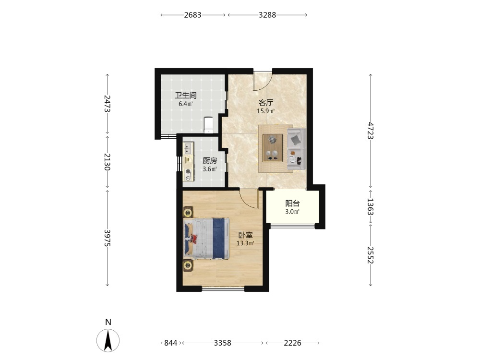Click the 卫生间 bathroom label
tap(185, 95)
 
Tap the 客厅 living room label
tap(266, 103)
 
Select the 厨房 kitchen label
tap(210, 161)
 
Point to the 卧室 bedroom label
tap(245, 235)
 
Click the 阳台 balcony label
tap(292, 203)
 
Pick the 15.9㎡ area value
tap(266, 111)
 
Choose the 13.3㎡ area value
tap(245, 243)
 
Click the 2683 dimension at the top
tap(193, 15)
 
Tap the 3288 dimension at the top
tap(267, 15)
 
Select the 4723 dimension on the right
tap(371, 131)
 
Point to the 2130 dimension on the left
tap(107, 162)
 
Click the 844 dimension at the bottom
tap(170, 343)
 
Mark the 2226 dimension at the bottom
tap(292, 343)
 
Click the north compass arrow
tap(108, 340)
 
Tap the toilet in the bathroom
tap(208, 125)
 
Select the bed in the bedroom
tap(206, 239)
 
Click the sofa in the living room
tap(296, 149)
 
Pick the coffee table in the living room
tap(273, 148)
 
